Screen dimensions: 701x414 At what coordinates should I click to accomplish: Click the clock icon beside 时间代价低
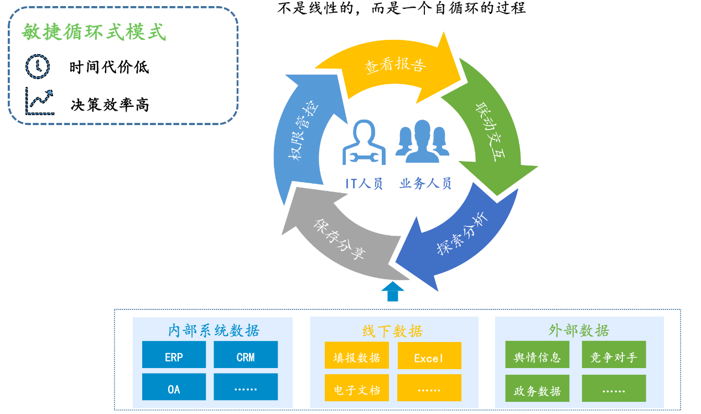pos(37,66)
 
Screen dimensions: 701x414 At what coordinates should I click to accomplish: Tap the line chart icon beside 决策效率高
pos(40,101)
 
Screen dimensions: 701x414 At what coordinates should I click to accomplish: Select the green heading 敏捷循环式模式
pos(94,32)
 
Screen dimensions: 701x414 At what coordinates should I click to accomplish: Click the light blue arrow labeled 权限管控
pos(300,132)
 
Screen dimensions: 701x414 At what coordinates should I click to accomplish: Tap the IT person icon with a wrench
pos(364,142)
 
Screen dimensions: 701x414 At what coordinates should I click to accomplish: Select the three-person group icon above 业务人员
pos(423,142)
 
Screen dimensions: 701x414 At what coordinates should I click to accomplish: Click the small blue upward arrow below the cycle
pos(392,292)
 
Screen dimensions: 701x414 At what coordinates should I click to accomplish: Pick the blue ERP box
pos(174,354)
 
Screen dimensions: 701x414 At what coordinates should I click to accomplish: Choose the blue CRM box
pos(246,354)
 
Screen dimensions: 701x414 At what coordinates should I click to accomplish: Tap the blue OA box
pos(174,387)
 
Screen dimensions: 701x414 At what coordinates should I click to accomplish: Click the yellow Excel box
pos(429,356)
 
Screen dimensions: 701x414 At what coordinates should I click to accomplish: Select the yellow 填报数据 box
pos(357,355)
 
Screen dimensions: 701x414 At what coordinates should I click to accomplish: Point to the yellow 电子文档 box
pos(357,387)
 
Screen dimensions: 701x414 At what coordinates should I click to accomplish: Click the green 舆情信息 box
pos(537,354)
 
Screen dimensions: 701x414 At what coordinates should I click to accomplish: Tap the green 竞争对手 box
pos(614,354)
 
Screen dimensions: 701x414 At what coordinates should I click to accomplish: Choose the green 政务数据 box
pos(537,389)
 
